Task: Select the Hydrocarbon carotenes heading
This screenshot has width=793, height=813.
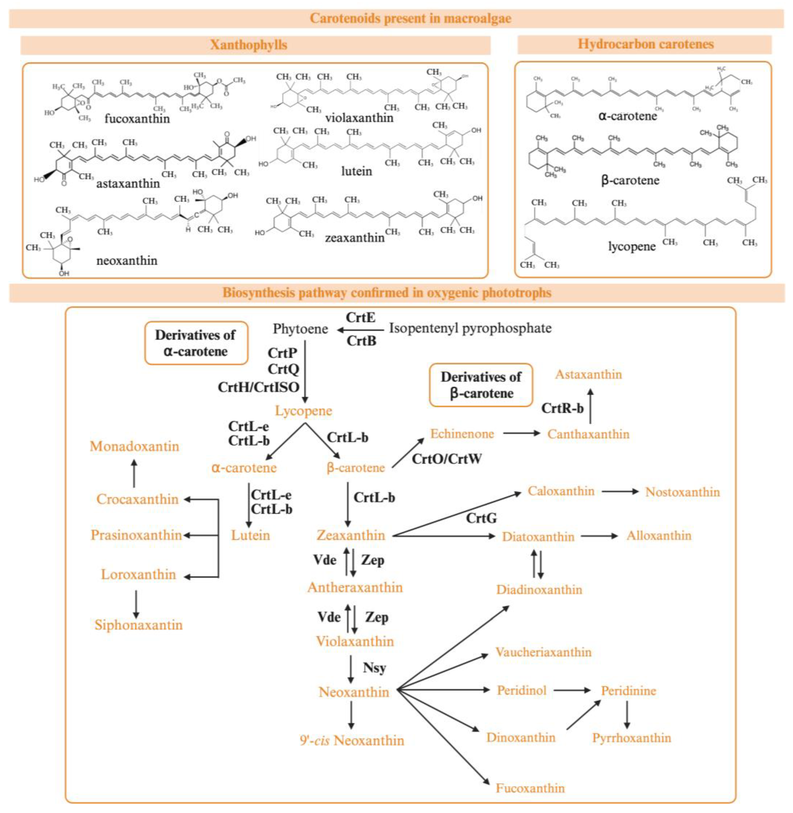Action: [x=645, y=44]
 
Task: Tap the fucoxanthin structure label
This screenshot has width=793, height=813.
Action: [x=137, y=119]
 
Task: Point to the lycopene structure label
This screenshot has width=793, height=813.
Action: [x=631, y=246]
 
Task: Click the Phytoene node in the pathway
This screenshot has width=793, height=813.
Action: [x=300, y=329]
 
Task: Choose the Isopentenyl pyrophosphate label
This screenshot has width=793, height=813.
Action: [x=470, y=328]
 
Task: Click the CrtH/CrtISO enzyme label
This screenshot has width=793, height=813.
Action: [x=259, y=387]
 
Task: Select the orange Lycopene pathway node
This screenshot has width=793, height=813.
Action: [x=303, y=411]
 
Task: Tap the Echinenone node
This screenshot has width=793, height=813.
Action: [x=462, y=434]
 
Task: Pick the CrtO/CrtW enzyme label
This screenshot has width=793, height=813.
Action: [x=446, y=459]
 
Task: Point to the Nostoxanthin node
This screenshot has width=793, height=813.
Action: [x=682, y=492]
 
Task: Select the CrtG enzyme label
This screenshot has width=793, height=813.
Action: [x=481, y=518]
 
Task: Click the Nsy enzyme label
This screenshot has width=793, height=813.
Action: [x=374, y=668]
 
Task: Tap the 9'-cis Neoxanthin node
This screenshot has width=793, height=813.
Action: [x=352, y=740]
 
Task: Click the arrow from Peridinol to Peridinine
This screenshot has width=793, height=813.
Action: [x=572, y=690]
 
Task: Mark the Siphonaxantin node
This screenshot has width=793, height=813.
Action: [x=138, y=625]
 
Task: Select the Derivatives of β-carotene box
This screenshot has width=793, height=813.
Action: [x=481, y=385]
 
